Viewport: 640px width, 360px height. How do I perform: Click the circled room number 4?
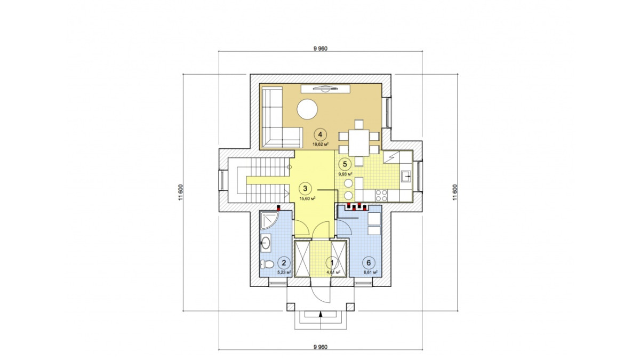click(320, 134)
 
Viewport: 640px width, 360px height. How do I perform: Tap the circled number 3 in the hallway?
click(305, 188)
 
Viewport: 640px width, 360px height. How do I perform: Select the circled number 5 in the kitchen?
click(345, 164)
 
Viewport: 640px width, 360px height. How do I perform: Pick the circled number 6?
click(369, 262)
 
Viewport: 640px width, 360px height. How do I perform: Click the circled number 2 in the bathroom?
click(284, 262)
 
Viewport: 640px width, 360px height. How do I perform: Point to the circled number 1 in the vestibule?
click(332, 262)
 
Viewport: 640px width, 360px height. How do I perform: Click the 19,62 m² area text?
click(320, 144)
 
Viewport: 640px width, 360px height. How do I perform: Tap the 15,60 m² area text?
click(307, 198)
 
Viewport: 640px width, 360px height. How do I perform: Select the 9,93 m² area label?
click(345, 174)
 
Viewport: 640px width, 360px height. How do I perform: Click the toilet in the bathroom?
click(266, 265)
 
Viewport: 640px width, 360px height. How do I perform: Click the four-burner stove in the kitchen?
click(381, 196)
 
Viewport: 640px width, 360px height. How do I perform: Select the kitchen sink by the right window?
click(406, 177)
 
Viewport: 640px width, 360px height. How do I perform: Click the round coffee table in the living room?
click(307, 109)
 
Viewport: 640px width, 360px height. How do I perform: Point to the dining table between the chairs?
click(359, 143)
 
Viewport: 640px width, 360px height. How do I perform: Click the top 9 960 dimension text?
click(321, 49)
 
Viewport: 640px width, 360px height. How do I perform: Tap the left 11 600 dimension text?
click(180, 193)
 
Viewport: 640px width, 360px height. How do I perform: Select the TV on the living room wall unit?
click(325, 89)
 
